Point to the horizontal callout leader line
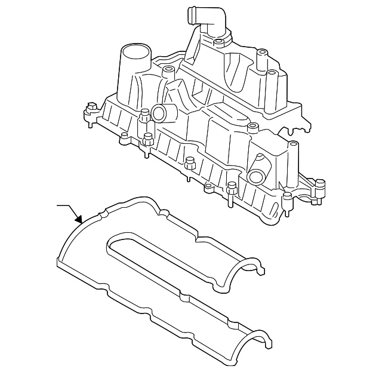pos(63,206)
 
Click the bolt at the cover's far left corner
pos(91,110)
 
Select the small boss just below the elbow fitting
pos(219,42)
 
